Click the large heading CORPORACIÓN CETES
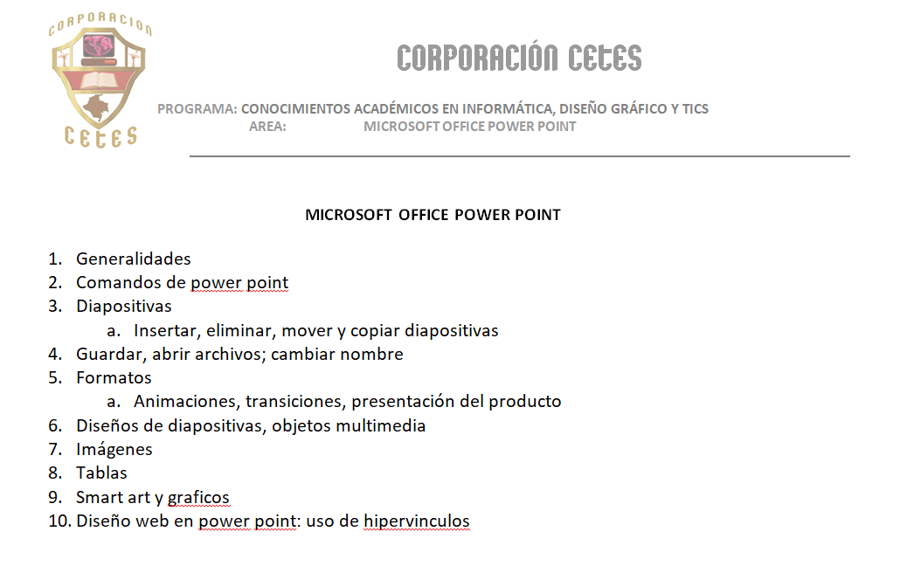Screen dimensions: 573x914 click(519, 59)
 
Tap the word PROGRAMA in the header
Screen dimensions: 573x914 click(197, 109)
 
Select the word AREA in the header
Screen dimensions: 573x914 click(267, 126)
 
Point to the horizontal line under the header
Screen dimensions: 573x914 click(519, 156)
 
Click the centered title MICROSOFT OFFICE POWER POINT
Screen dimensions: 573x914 click(433, 214)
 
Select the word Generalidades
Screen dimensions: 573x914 click(133, 259)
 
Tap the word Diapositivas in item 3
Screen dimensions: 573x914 click(123, 307)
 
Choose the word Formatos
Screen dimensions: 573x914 click(114, 377)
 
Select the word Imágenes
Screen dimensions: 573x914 click(114, 449)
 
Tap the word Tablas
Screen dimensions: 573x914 click(101, 473)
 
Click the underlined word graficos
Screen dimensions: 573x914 click(198, 497)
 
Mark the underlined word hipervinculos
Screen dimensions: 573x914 click(417, 521)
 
